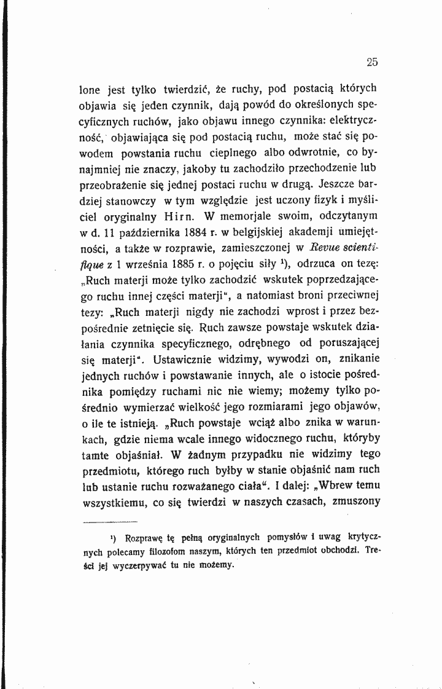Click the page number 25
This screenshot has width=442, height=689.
(x=371, y=61)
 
